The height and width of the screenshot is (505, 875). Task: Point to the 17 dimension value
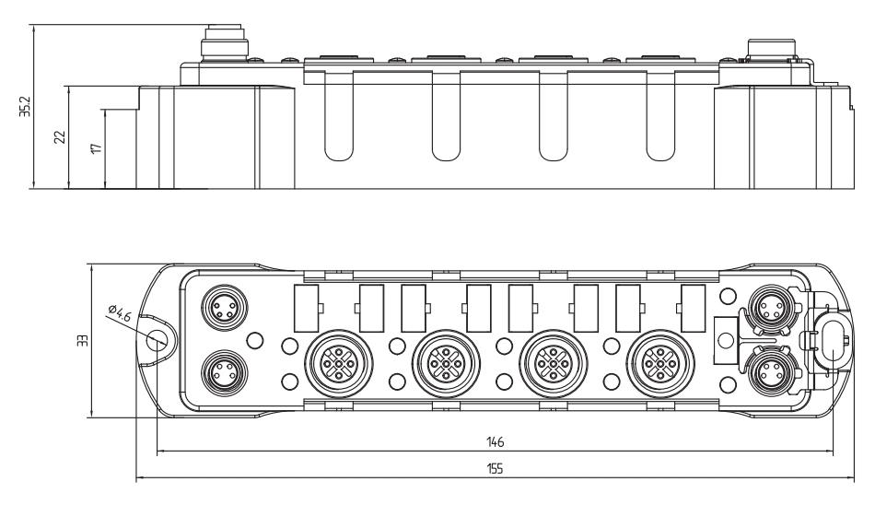[96, 147]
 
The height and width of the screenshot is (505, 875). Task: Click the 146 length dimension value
[497, 441]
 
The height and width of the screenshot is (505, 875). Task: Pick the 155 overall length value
[496, 467]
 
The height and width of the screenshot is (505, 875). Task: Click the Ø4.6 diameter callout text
[119, 313]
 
